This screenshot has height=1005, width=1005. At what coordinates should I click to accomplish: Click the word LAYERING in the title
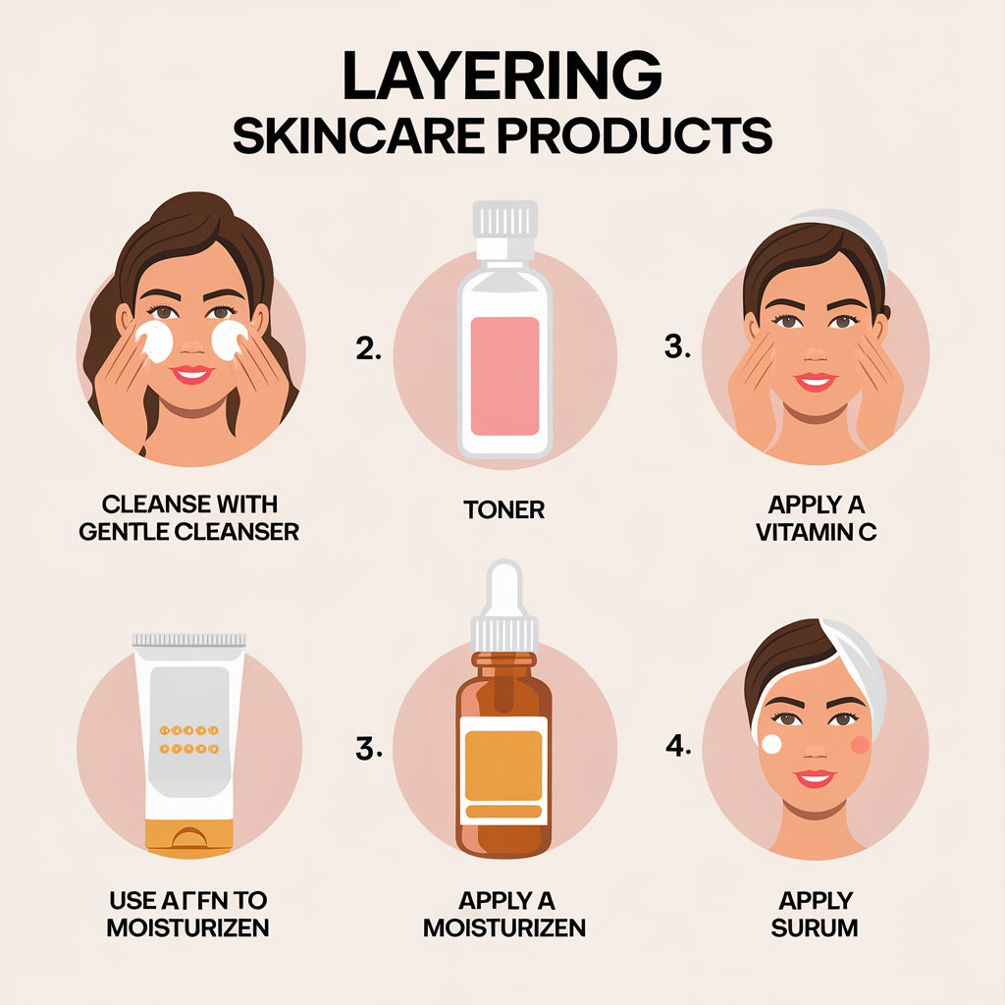click(x=502, y=77)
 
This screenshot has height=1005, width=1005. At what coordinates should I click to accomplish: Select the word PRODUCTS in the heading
click(x=634, y=137)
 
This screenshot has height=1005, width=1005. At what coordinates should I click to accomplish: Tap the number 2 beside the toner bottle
click(x=368, y=349)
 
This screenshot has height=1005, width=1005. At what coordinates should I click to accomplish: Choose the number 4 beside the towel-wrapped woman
click(x=678, y=746)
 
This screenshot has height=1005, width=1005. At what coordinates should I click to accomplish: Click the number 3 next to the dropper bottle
click(x=368, y=751)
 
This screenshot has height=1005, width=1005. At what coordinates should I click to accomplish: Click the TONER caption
click(x=504, y=509)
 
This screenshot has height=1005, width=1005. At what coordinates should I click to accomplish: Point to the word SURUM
click(x=815, y=927)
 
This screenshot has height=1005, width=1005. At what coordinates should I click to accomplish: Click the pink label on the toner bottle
click(x=504, y=375)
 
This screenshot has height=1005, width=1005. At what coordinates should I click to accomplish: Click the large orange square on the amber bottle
click(x=502, y=766)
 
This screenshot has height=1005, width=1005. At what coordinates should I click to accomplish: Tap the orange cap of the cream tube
click(x=189, y=835)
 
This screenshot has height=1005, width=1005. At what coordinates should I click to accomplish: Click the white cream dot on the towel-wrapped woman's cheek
click(x=771, y=744)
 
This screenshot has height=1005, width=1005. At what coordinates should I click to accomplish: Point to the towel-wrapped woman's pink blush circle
click(x=860, y=744)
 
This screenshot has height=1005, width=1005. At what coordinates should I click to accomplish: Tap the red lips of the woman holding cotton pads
click(x=191, y=374)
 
